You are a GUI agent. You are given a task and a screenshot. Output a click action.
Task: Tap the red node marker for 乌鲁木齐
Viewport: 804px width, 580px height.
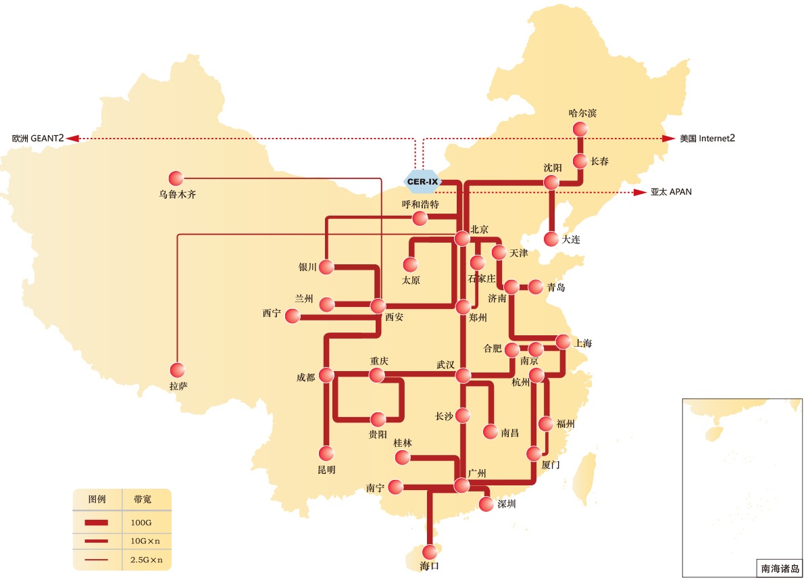pyautogui.click(x=176, y=178)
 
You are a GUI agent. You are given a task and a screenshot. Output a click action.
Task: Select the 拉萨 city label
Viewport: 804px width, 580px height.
pyautogui.click(x=178, y=387)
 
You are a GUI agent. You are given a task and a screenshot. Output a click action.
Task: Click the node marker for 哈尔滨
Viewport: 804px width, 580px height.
pyautogui.click(x=580, y=129)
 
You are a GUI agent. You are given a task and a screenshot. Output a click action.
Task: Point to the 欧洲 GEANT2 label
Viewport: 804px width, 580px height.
pyautogui.click(x=38, y=139)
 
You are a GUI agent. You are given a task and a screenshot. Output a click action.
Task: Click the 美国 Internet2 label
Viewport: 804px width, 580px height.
pyautogui.click(x=707, y=139)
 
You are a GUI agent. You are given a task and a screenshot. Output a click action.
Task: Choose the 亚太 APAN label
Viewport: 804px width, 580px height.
pyautogui.click(x=671, y=192)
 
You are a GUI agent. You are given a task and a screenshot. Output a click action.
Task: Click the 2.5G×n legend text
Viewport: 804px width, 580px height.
pyautogui.click(x=147, y=560)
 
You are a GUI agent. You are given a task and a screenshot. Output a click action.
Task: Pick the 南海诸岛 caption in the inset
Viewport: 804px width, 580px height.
pyautogui.click(x=780, y=569)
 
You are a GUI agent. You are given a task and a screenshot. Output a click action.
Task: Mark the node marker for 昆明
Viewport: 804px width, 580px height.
pyautogui.click(x=326, y=453)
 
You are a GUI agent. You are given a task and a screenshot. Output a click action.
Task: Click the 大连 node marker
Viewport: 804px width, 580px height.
pyautogui.click(x=552, y=239)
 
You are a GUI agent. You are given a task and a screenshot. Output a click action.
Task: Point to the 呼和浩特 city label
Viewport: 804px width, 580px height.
pyautogui.click(x=420, y=204)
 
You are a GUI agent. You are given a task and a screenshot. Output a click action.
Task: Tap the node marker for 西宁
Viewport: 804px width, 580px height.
pyautogui.click(x=293, y=316)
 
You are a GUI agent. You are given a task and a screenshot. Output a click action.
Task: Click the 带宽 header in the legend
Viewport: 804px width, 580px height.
pyautogui.click(x=143, y=499)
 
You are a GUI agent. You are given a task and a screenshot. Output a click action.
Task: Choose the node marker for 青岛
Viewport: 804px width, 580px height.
pyautogui.click(x=536, y=287)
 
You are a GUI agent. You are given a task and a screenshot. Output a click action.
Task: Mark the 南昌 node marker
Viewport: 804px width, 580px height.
pyautogui.click(x=491, y=431)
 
